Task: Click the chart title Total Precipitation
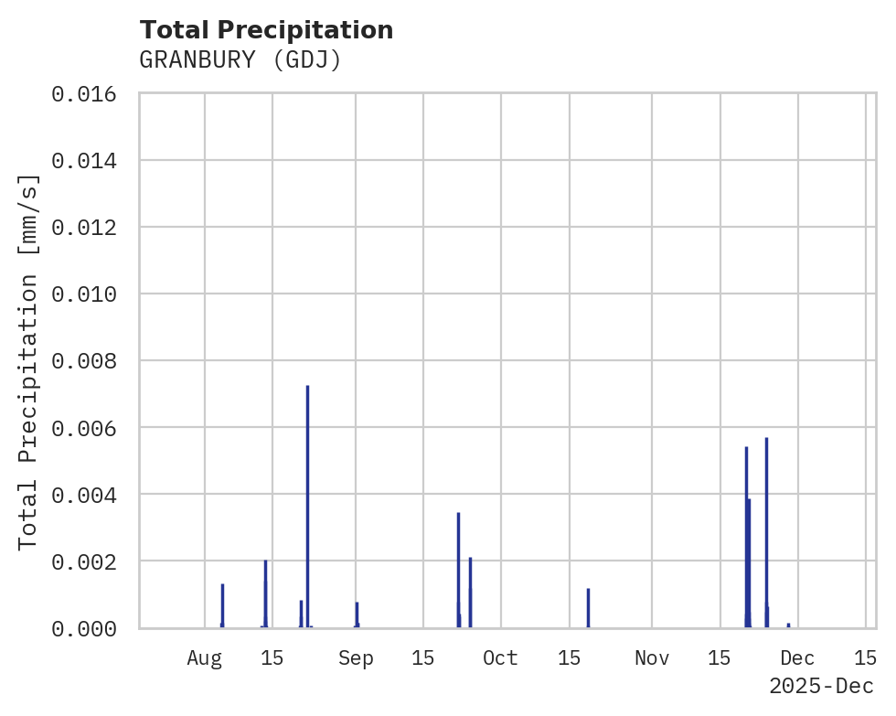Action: (x=266, y=30)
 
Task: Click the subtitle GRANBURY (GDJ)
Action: (x=240, y=60)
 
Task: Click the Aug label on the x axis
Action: (x=205, y=658)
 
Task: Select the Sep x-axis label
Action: (x=356, y=658)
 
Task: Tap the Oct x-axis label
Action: (x=500, y=658)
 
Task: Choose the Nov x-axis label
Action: (x=652, y=658)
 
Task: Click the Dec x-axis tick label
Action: (x=797, y=658)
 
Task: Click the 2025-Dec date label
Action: (x=821, y=686)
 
